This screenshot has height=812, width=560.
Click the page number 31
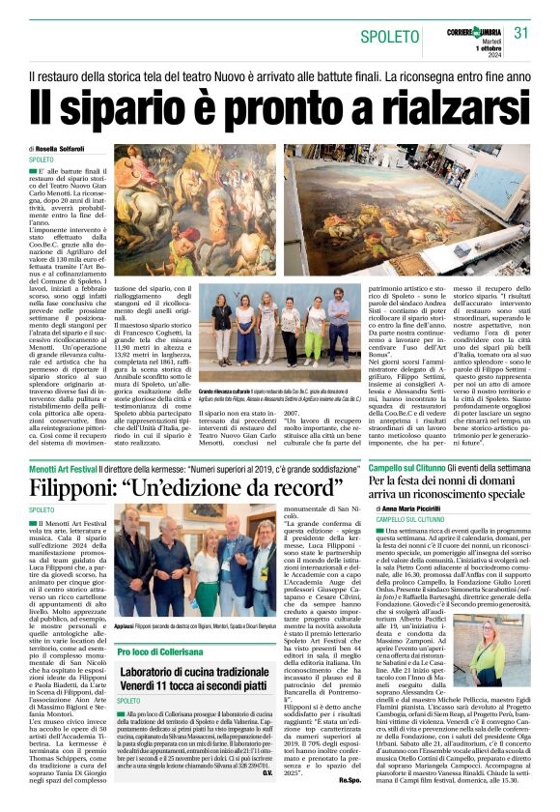(x=522, y=33)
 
